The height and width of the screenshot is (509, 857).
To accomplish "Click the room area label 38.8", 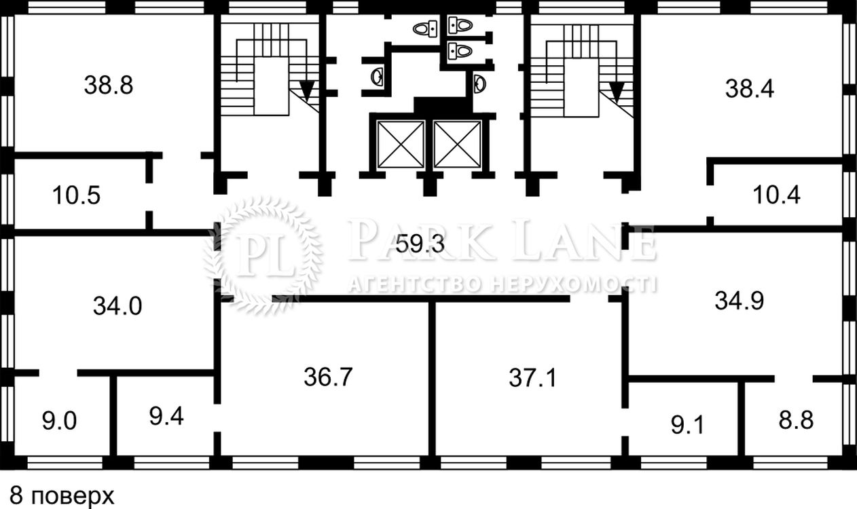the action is click(109, 86).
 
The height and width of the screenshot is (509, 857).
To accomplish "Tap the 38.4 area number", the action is click(750, 89).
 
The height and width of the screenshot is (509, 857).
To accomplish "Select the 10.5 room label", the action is click(77, 195).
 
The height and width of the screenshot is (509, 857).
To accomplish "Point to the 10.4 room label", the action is click(777, 195).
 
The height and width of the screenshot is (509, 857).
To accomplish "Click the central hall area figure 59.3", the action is click(420, 244).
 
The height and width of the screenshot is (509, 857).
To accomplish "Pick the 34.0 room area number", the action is click(117, 306).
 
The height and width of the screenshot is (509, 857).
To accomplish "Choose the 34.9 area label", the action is click(740, 301).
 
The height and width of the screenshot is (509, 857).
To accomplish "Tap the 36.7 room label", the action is click(328, 377).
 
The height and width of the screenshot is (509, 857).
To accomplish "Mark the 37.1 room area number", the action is click(532, 378).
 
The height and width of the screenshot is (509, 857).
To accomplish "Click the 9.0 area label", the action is click(59, 421).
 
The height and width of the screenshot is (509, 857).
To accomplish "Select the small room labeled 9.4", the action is click(166, 417).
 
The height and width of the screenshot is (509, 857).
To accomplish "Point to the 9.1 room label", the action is click(687, 426).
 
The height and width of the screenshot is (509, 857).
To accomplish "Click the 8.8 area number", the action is click(796, 420).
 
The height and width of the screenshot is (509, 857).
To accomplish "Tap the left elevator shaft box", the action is click(401, 144).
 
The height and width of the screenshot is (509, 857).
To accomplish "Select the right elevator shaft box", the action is click(457, 144).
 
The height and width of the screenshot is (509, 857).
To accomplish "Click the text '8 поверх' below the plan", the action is click(62, 496).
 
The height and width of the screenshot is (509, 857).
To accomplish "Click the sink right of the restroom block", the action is click(479, 83).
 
